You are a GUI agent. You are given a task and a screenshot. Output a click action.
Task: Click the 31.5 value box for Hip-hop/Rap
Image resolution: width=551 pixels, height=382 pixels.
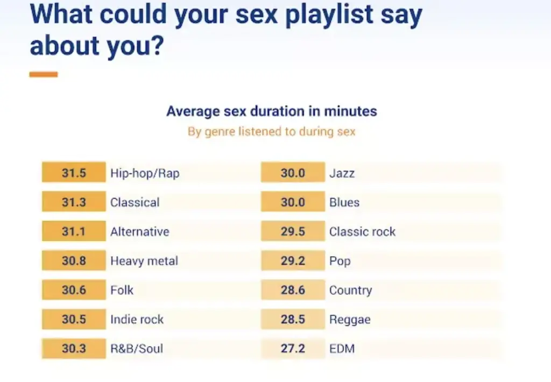74,172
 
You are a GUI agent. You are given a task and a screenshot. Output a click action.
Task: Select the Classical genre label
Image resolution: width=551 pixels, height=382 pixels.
135,202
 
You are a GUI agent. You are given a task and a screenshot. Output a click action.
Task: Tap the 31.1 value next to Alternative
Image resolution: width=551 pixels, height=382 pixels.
74,231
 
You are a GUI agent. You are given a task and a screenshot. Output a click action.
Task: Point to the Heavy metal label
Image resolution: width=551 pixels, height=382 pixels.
144,261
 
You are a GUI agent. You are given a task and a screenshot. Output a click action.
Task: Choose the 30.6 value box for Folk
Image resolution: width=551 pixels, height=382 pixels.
74,289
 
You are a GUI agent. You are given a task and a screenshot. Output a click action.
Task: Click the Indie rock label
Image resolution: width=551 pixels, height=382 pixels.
137,319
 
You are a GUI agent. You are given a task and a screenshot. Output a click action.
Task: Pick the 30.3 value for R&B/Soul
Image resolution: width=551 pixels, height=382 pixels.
74,348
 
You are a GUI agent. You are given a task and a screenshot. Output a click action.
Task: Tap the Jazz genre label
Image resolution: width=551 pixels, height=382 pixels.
342,173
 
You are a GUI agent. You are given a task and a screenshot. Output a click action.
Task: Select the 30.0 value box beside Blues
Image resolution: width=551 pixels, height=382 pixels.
293,202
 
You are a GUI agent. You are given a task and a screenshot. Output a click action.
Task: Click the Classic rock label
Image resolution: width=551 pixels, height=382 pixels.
362,231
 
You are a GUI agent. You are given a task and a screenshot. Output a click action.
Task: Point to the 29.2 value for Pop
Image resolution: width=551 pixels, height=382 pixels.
293,260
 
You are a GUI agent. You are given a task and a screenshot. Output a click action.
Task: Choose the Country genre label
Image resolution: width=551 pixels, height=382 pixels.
351,291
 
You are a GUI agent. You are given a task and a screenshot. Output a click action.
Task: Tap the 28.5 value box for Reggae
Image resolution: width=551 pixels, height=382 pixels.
293,319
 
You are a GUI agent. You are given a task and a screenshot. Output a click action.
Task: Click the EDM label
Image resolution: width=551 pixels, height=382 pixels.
342,349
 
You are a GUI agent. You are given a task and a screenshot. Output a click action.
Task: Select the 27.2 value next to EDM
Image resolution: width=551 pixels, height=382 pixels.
293,348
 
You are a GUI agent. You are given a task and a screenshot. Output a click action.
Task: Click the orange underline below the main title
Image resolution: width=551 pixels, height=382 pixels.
44,74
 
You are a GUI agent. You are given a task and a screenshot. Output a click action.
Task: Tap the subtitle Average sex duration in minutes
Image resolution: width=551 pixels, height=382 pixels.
272,111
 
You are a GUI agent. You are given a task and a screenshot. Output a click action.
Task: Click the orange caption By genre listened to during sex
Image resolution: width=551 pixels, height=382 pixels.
272,131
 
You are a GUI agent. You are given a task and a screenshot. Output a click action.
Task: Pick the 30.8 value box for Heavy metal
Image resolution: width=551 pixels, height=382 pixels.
74,260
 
